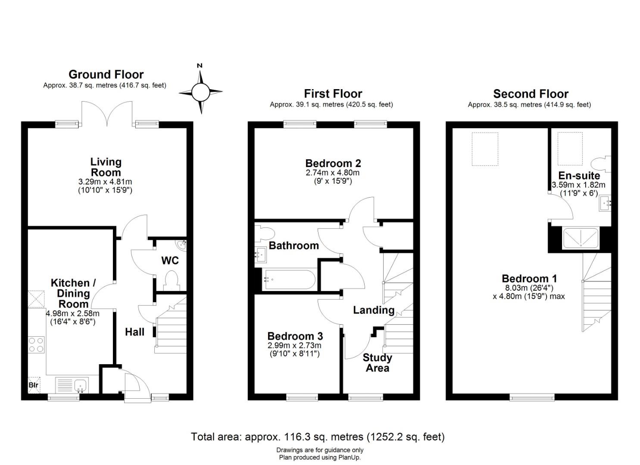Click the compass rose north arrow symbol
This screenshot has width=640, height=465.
click(200, 91)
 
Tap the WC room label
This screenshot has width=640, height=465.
click(170, 260)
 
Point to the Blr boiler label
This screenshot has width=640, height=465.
click(34, 385)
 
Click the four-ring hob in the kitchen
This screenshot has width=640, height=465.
click(36, 345)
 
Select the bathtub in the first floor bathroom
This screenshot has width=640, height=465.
click(289, 280)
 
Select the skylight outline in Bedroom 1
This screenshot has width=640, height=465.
click(485, 149)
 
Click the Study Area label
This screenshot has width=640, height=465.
click(378, 363)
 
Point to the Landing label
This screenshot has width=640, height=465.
click(374, 310)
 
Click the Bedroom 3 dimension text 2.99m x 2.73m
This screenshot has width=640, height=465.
click(294, 345)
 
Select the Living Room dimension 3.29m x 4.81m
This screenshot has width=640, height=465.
click(105, 182)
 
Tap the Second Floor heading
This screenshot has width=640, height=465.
click(531, 94)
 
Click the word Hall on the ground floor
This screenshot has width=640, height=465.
click(135, 332)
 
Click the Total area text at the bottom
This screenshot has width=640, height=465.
click(318, 437)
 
